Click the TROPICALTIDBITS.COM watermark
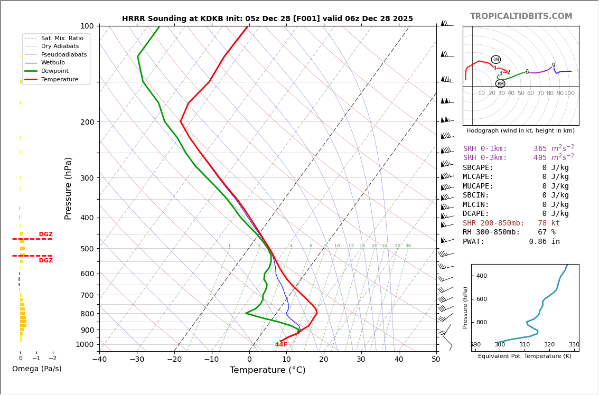521,16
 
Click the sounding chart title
267,19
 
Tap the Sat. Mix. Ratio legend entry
62,38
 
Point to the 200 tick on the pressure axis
87,122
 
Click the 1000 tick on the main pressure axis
85,344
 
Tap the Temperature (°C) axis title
267,370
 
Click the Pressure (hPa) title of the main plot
68,188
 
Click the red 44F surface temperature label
281,345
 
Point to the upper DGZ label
45,234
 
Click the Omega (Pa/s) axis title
36,369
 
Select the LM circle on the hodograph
495,60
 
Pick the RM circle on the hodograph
500,83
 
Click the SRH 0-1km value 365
540,149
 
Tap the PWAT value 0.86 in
544,242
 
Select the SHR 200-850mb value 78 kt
549,223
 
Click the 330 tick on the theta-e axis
574,345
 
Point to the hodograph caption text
520,131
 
